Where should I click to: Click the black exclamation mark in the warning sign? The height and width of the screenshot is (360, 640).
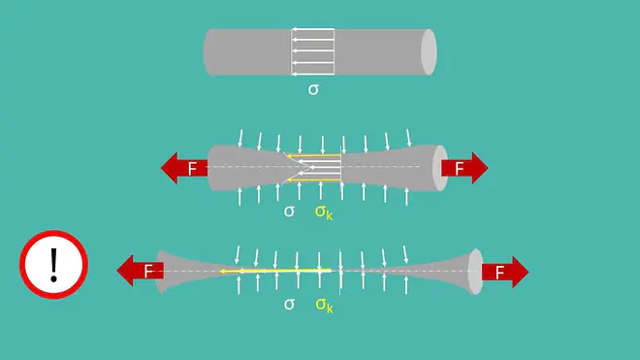[x=53, y=265]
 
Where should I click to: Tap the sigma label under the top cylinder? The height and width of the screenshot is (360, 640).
[x=313, y=89]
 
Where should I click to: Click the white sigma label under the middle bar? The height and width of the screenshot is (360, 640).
[x=289, y=212]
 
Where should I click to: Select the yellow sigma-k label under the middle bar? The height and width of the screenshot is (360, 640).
[x=324, y=213]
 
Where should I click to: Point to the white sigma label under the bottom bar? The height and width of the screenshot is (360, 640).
[x=289, y=304]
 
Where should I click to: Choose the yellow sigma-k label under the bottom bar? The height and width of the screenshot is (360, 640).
[x=324, y=306]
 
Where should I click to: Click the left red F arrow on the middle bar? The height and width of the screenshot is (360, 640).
[x=184, y=168]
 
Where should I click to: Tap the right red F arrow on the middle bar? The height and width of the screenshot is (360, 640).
[x=464, y=168]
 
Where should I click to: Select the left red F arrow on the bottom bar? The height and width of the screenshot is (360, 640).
[x=140, y=271]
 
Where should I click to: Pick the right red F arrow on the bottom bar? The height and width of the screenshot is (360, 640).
[x=505, y=272]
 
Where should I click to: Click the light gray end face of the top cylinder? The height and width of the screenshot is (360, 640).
[x=429, y=51]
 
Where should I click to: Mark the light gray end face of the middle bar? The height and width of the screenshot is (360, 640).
[x=440, y=168]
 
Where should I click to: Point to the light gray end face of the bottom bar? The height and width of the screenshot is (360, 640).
[x=475, y=272]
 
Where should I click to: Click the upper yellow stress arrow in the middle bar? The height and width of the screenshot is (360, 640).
[x=314, y=155]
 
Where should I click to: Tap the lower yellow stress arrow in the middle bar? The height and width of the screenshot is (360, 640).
[x=314, y=180]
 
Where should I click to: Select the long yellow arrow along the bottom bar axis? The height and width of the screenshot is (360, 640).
[x=275, y=271]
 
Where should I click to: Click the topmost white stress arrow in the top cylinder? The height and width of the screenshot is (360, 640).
[x=312, y=29]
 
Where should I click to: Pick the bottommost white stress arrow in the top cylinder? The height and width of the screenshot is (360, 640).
[x=312, y=74]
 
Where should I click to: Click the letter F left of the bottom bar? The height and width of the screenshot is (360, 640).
[x=148, y=271]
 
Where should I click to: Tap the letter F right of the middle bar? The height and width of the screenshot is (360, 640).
[x=460, y=168]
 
